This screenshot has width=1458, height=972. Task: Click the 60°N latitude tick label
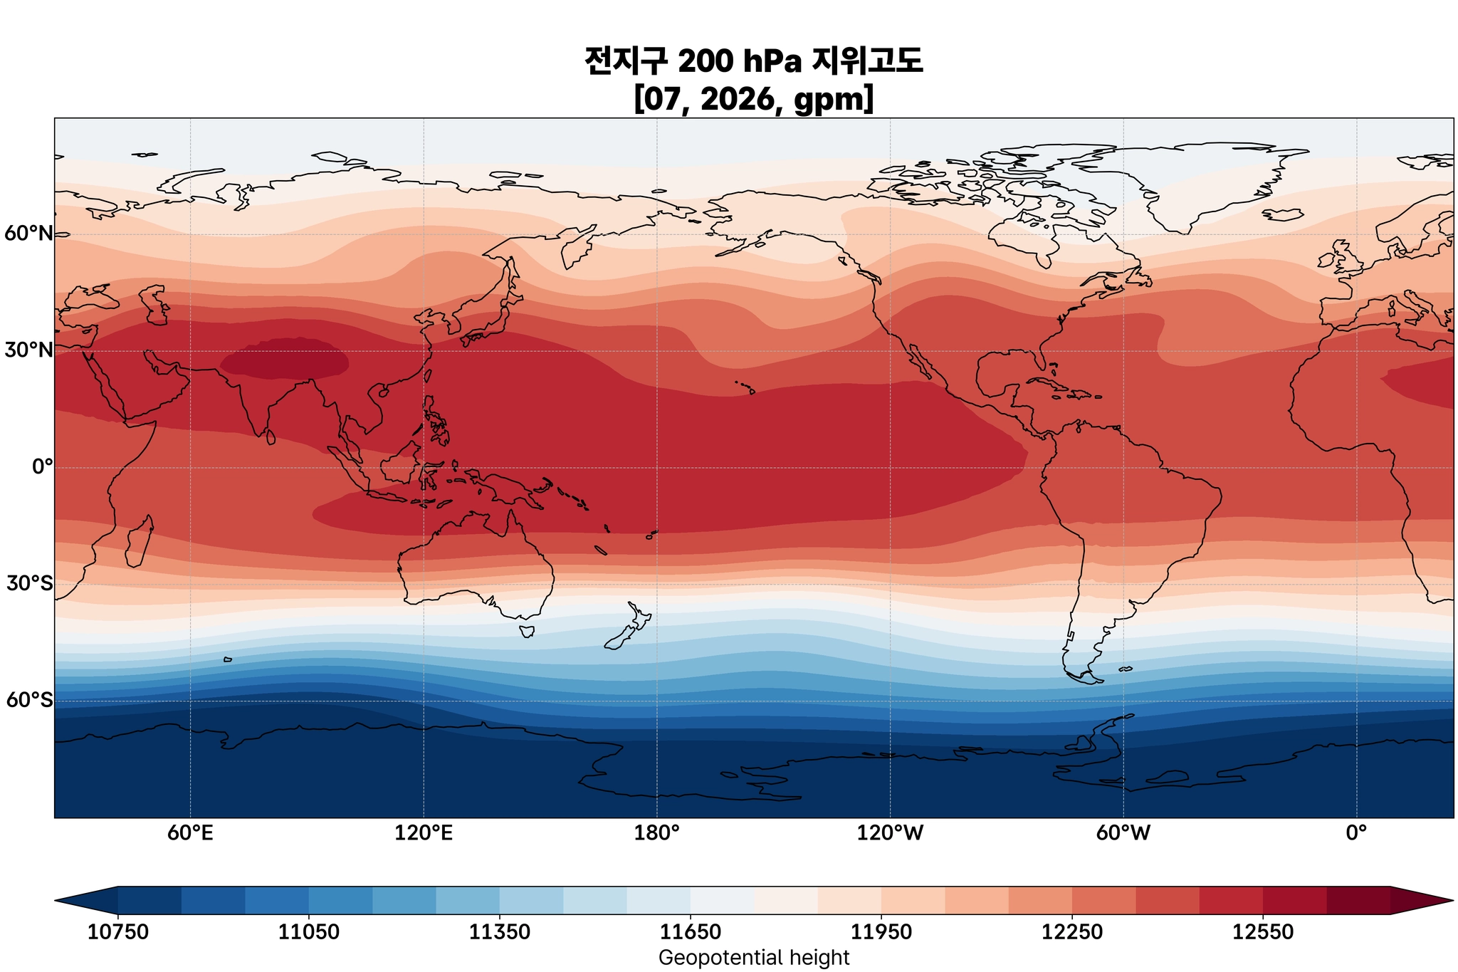[x=28, y=234]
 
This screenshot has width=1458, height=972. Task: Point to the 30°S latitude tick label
[x=28, y=584]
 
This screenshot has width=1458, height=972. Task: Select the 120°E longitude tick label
[x=424, y=832]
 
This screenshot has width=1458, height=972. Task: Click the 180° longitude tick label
[x=656, y=832]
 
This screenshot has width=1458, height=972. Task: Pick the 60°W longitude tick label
[x=1123, y=832]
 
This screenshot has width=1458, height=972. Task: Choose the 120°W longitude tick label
[x=890, y=832]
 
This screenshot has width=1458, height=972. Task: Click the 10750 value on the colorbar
[x=117, y=932]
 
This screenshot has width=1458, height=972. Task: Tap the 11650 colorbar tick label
[x=691, y=932]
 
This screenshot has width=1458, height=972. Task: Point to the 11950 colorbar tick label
[x=881, y=932]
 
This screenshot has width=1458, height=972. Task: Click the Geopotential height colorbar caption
[x=754, y=958]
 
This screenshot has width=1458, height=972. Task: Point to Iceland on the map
[x=1282, y=214]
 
